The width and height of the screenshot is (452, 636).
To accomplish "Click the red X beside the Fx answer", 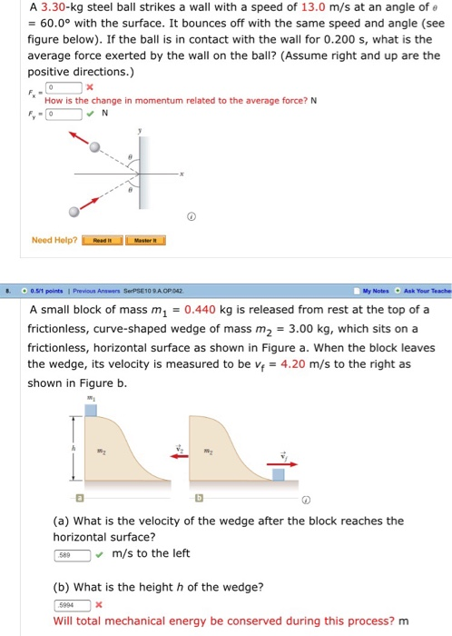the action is click(90, 86).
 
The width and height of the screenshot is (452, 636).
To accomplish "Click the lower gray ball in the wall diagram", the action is click(74, 212).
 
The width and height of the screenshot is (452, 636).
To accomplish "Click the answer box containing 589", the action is click(71, 555).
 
